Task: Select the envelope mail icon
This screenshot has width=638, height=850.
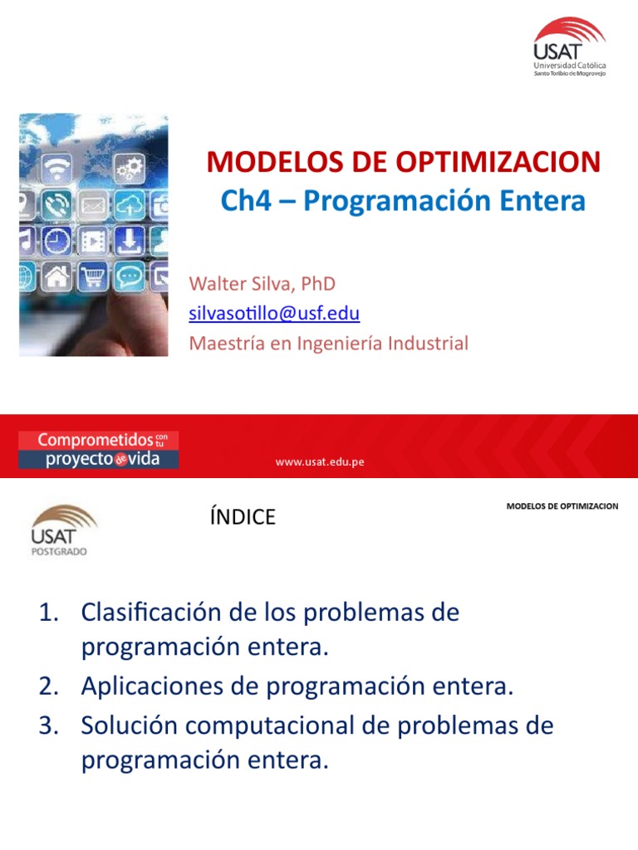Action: point(92,205)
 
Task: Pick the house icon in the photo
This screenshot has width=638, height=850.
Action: point(56,276)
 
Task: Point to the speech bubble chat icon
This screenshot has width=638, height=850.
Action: point(130,275)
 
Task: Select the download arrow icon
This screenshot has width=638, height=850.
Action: point(129,240)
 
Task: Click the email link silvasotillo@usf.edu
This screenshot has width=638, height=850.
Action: point(274,313)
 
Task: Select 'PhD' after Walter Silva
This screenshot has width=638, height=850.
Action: point(318,284)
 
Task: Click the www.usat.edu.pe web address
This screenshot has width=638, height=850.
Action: point(320,462)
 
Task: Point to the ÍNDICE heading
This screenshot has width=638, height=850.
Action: point(243,517)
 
